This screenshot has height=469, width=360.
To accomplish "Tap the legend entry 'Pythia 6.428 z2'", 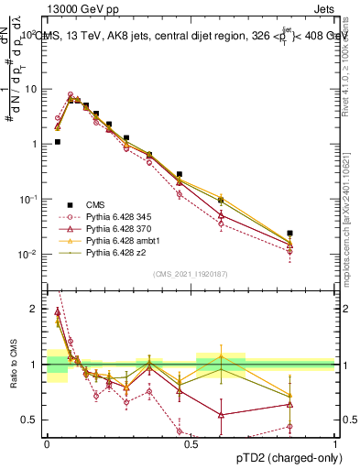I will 116,253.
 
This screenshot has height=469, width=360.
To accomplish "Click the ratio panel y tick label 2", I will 35,309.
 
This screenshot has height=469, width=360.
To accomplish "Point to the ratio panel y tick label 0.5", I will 31,420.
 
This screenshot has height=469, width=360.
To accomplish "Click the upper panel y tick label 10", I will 31,90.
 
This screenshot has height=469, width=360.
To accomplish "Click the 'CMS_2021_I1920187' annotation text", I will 190,274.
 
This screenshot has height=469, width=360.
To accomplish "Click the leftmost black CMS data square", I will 57,142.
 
